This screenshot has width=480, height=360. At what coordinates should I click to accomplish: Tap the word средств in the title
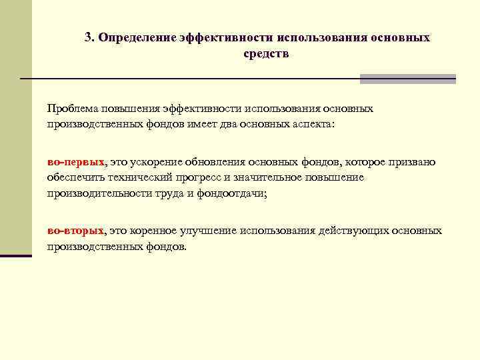(266, 53)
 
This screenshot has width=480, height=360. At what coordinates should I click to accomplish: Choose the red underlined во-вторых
(75, 231)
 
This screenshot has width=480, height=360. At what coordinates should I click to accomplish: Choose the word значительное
(273, 177)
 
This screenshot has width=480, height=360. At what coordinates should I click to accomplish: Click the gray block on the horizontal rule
(407, 79)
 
